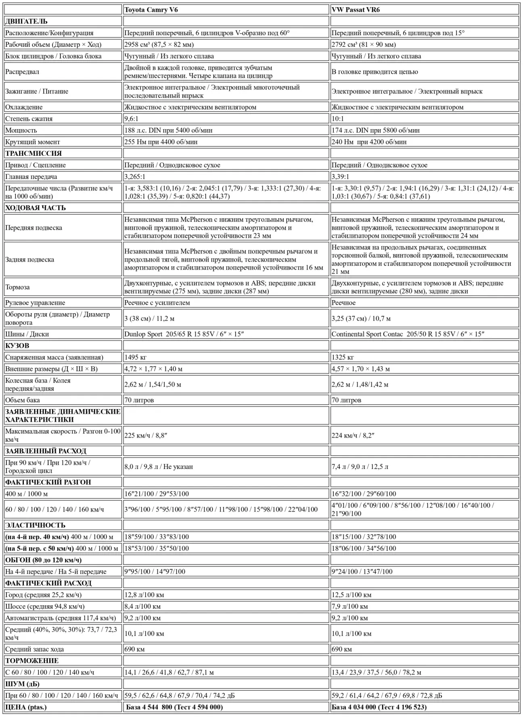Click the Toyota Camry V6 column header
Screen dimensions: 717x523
(x=151, y=10)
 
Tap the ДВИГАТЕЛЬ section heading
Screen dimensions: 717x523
(x=26, y=21)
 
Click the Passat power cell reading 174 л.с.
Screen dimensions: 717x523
(x=375, y=130)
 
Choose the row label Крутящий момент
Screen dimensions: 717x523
(x=32, y=142)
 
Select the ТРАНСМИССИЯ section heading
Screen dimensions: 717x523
(x=33, y=153)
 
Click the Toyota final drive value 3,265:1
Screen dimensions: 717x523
(x=135, y=177)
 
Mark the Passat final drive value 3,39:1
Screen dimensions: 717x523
(x=340, y=177)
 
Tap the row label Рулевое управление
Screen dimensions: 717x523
(x=35, y=303)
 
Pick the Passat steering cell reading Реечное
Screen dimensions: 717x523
(x=343, y=303)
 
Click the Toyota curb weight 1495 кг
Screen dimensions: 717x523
(x=135, y=357)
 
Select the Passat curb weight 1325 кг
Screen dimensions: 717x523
(x=343, y=357)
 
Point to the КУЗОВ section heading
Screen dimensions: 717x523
(x=17, y=345)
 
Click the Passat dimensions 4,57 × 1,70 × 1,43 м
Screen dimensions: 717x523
(x=360, y=369)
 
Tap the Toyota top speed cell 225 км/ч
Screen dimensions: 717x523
(x=146, y=435)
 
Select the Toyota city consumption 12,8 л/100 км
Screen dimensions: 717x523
(x=144, y=595)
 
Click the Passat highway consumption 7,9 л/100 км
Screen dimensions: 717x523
(x=349, y=606)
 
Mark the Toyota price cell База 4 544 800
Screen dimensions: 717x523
(x=174, y=707)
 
